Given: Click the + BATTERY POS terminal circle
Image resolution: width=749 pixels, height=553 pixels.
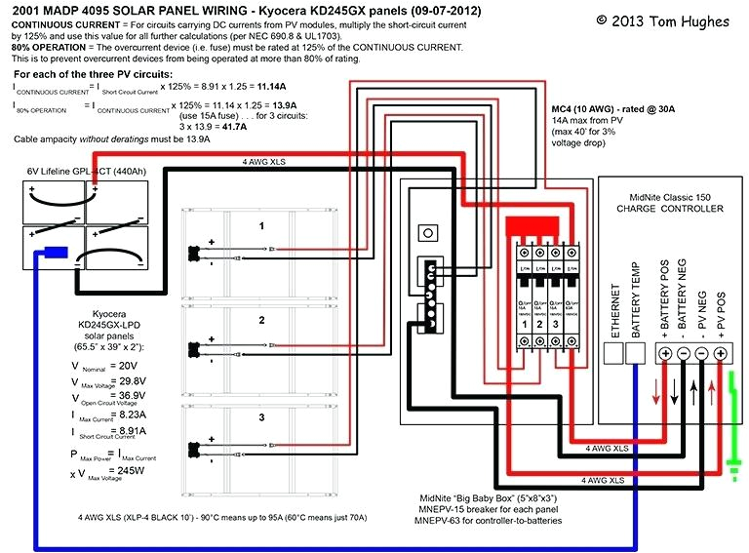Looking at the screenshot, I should tap(665, 353).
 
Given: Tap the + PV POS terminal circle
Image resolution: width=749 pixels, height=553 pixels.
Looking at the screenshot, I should tap(723, 353).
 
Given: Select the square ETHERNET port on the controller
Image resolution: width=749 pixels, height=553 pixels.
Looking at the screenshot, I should tap(614, 353).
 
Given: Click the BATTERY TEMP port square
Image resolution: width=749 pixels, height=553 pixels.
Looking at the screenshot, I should tap(635, 353).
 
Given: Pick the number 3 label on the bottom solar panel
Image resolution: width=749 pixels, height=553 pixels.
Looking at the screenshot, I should tap(261, 417).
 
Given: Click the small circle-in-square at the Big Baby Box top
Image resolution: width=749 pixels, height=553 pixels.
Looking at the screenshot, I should tap(425, 233).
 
